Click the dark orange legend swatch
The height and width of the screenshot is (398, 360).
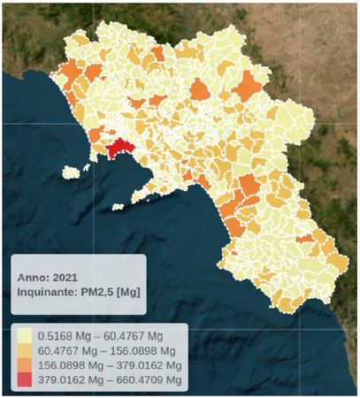click(24, 364)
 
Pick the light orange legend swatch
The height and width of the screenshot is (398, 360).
click(24, 350)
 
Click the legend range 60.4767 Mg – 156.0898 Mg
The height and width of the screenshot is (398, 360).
click(105, 350)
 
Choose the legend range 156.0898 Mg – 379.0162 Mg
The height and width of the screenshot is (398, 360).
click(109, 364)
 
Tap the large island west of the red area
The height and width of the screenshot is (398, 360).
click(87, 168)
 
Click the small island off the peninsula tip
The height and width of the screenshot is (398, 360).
click(118, 208)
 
